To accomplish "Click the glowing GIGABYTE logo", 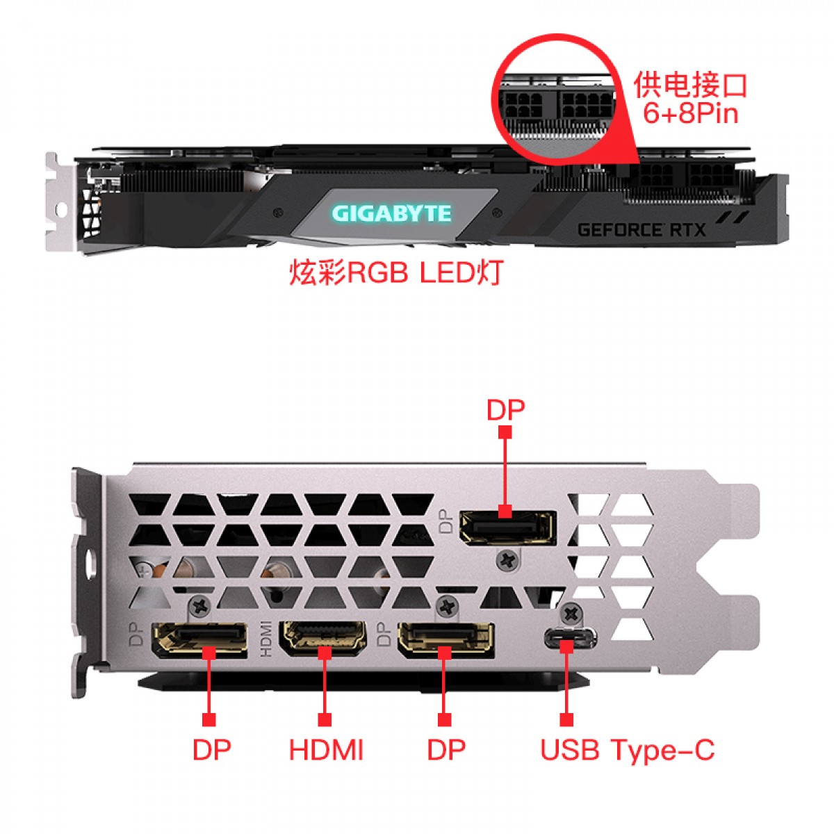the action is [x=391, y=213].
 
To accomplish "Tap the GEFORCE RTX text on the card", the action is [x=641, y=230].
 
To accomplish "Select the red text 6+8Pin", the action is [x=690, y=113].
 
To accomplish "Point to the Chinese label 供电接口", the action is [x=690, y=85].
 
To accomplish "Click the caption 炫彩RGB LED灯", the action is [x=396, y=272].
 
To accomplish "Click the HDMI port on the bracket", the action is [x=323, y=639].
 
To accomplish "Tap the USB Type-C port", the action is [x=570, y=637].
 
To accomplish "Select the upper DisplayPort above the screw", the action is [x=507, y=528].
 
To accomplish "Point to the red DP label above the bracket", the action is [x=505, y=409].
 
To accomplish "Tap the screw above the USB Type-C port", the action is [x=571, y=612].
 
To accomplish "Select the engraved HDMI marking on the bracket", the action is [x=265, y=639].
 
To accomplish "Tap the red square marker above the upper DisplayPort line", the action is [x=505, y=432].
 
